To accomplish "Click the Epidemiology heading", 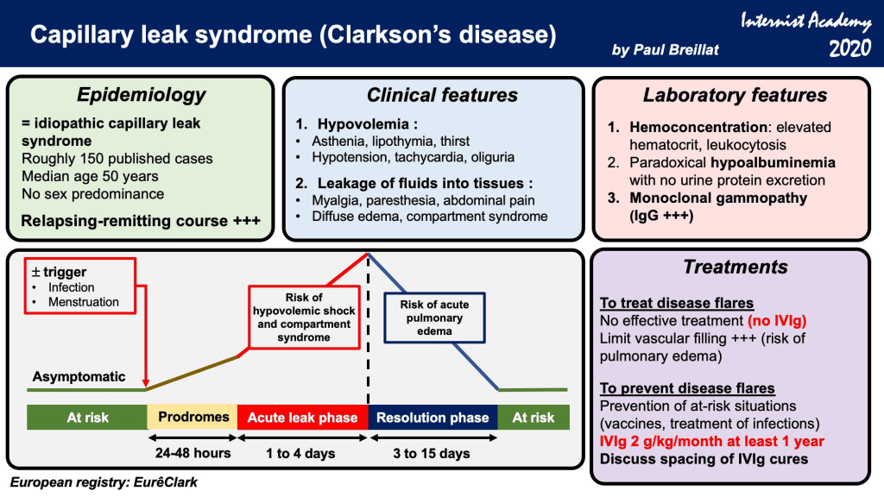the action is pyautogui.click(x=141, y=95).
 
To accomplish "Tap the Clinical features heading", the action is pyautogui.click(x=442, y=95).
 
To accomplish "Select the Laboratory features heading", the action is pyautogui.click(x=736, y=95).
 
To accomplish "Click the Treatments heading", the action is pyautogui.click(x=736, y=267).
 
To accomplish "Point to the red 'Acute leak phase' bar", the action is pyautogui.click(x=303, y=418).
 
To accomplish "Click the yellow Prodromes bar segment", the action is pyautogui.click(x=193, y=418).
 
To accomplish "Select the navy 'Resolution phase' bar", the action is pyautogui.click(x=433, y=418).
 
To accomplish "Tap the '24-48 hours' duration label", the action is pyautogui.click(x=193, y=453).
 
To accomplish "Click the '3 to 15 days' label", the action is pyautogui.click(x=432, y=454).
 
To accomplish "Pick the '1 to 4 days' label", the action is pyautogui.click(x=300, y=454).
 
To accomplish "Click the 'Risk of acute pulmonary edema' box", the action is pyautogui.click(x=434, y=318).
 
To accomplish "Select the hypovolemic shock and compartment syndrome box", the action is pyautogui.click(x=304, y=318).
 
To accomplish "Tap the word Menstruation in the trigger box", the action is pyautogui.click(x=84, y=302).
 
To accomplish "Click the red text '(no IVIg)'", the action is pyautogui.click(x=777, y=321).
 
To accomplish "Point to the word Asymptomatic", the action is pyautogui.click(x=79, y=376).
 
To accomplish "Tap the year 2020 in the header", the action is pyautogui.click(x=849, y=48).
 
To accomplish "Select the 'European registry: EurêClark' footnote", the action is pyautogui.click(x=104, y=482).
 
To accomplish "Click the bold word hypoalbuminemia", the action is pyautogui.click(x=773, y=163).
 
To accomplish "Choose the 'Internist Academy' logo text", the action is pyautogui.click(x=805, y=22).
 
